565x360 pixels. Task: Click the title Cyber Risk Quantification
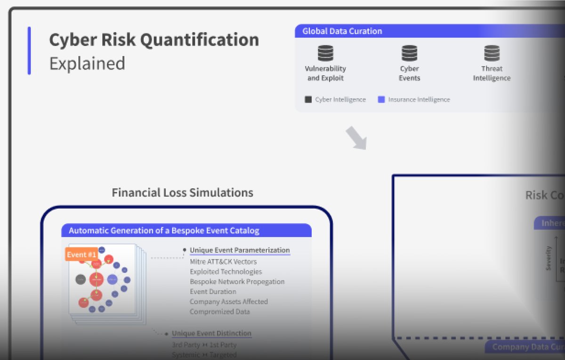154,40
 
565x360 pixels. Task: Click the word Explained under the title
87,63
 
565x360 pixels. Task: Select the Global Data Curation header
342,32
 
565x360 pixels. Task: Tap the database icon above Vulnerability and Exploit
325,53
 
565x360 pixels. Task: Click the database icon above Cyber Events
409,53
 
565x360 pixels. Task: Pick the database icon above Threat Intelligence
492,53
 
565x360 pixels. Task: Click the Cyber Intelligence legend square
308,99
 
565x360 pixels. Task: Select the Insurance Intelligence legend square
381,99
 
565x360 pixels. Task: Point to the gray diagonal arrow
355,138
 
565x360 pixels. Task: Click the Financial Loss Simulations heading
182,193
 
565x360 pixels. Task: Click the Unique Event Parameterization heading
240,250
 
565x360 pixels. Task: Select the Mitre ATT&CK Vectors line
223,262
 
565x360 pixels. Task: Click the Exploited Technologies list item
226,271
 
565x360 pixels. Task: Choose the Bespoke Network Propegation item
237,282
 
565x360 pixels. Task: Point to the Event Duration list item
213,292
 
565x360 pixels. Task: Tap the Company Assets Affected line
228,302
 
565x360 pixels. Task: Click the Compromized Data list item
219,311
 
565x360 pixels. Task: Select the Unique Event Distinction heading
211,333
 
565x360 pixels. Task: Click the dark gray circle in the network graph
81,279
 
